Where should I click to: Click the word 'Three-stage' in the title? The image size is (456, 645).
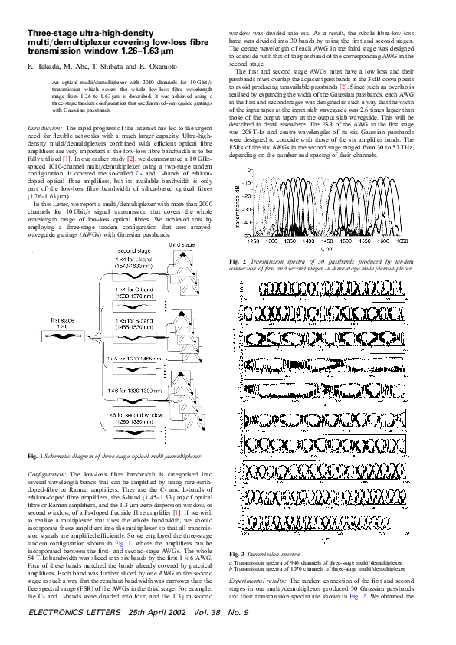51,33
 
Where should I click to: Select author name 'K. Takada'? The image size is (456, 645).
42,67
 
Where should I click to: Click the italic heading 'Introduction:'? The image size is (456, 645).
48,127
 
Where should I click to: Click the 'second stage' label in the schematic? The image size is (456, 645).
133,273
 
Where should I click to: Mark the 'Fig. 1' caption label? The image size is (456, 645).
34,457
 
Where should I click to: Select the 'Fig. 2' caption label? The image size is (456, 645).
237,263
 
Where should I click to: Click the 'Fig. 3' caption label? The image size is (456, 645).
237,553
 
